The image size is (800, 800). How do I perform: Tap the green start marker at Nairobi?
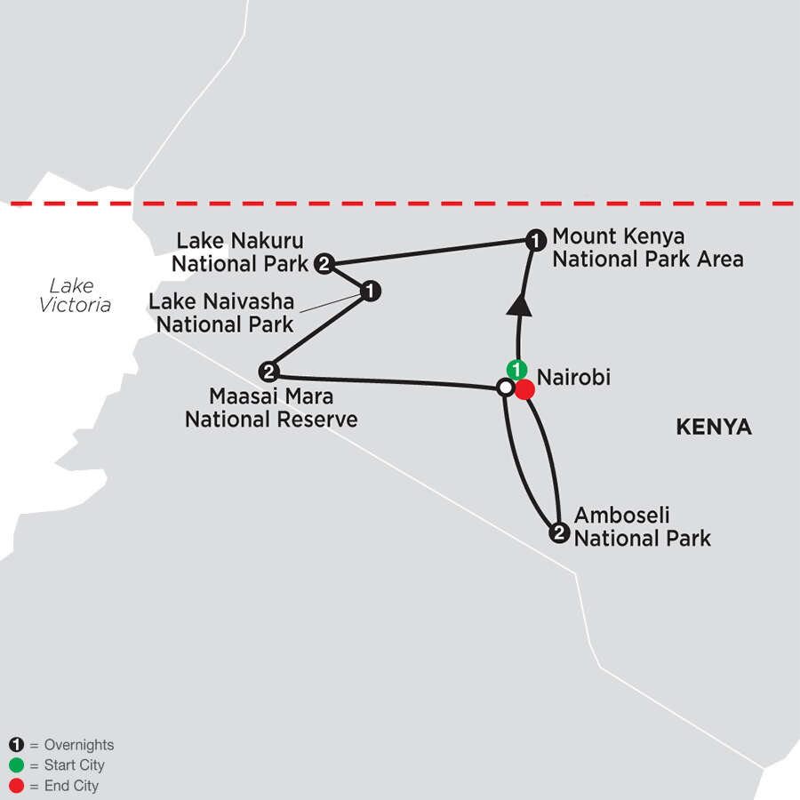pyautogui.click(x=516, y=369)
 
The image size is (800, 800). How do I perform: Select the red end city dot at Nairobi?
pyautogui.click(x=524, y=388)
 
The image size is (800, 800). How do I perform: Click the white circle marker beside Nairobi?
pyautogui.click(x=505, y=388)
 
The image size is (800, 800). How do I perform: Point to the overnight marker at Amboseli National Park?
pyautogui.click(x=558, y=533)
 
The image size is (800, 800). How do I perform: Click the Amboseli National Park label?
pyautogui.click(x=642, y=526)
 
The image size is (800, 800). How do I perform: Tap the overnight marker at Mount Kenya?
pyautogui.click(x=534, y=239)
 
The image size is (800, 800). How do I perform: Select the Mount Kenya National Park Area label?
pyautogui.click(x=647, y=248)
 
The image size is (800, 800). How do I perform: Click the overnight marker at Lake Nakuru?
pyautogui.click(x=324, y=262)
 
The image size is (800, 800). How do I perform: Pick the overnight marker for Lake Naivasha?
pyautogui.click(x=371, y=291)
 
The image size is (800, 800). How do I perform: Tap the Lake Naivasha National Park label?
pyautogui.click(x=221, y=313)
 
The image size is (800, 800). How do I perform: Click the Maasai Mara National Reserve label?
pyautogui.click(x=271, y=406)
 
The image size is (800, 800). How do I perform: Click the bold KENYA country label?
pyautogui.click(x=714, y=428)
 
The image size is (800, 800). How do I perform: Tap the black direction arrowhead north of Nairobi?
pyautogui.click(x=518, y=305)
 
